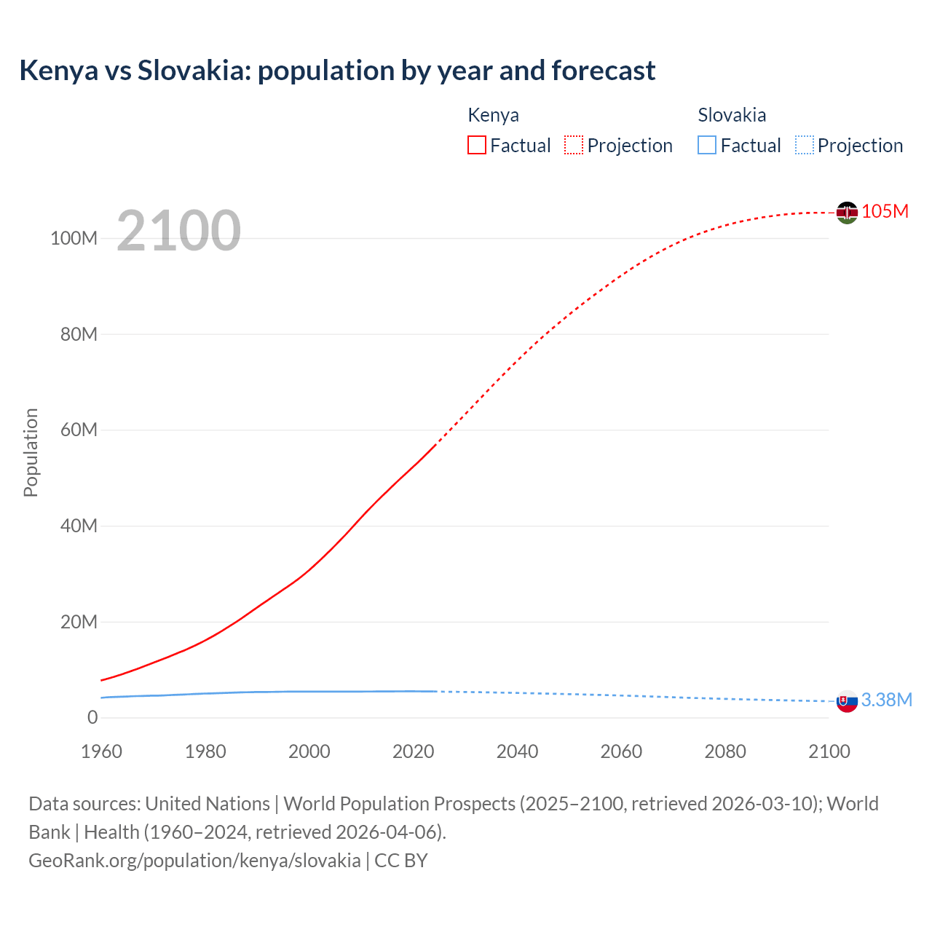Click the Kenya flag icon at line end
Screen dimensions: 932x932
[x=847, y=213]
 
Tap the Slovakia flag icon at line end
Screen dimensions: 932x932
[x=847, y=701]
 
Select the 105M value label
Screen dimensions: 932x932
[x=885, y=211]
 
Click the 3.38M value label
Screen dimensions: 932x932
[x=886, y=700]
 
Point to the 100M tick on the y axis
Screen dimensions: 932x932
[x=74, y=238]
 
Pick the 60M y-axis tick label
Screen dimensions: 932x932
[x=79, y=430]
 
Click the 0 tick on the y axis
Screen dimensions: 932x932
[x=92, y=717]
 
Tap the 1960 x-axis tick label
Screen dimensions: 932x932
[x=101, y=751]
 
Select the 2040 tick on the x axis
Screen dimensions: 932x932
[x=517, y=751]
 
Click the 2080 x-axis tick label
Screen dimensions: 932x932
[x=725, y=751]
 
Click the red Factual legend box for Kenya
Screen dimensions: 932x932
[x=476, y=145]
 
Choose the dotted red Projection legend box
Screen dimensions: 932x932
[x=574, y=145]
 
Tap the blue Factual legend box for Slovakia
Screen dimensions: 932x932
[x=706, y=145]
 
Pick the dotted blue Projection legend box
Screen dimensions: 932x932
[x=804, y=145]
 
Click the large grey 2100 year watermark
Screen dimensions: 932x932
[x=178, y=231]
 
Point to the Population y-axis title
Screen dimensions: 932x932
[x=31, y=452]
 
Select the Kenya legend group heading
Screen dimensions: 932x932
[x=493, y=115]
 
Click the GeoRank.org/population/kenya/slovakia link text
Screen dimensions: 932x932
[x=194, y=860]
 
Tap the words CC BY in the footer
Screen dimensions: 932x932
[x=400, y=860]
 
